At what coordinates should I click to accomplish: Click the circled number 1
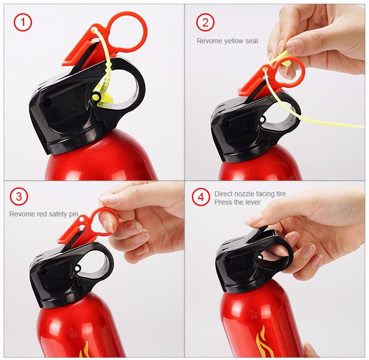pyautogui.click(x=23, y=22)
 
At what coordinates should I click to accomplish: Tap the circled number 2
pyautogui.click(x=205, y=22)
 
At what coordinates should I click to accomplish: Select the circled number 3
pyautogui.click(x=19, y=197)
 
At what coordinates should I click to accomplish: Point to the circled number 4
pyautogui.click(x=200, y=197)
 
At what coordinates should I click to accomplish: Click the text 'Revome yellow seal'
pyautogui.click(x=227, y=41)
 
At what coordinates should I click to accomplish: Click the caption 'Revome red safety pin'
pyautogui.click(x=43, y=214)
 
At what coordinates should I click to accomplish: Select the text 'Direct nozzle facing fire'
pyautogui.click(x=250, y=194)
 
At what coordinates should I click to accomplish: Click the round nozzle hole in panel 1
pyautogui.click(x=47, y=103)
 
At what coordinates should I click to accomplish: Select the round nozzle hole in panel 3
pyautogui.click(x=43, y=271)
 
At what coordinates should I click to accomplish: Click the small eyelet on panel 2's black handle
pyautogui.click(x=263, y=119)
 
